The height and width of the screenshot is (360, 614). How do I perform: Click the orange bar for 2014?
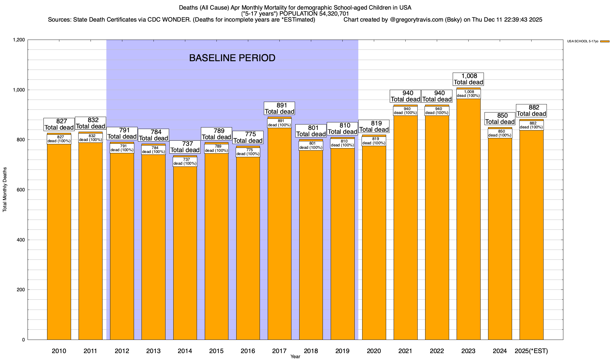click(x=185, y=252)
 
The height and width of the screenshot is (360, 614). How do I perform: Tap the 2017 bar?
click(x=279, y=234)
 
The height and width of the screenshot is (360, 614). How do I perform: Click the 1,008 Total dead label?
click(x=469, y=79)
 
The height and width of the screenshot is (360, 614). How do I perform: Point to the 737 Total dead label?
click(x=185, y=147)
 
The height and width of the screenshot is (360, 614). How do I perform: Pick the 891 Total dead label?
click(x=279, y=108)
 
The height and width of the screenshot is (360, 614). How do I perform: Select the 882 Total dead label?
click(x=532, y=111)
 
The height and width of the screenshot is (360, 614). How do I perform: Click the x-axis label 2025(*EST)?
click(x=531, y=351)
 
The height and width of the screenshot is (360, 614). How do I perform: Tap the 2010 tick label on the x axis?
click(x=59, y=351)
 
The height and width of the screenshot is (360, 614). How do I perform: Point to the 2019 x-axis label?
click(x=342, y=351)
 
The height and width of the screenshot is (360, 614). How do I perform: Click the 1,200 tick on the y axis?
click(x=19, y=40)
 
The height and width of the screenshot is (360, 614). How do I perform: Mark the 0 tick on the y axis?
click(x=23, y=340)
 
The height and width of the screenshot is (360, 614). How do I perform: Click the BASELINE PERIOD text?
click(x=232, y=58)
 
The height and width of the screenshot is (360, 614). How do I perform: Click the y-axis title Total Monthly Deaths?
click(x=5, y=190)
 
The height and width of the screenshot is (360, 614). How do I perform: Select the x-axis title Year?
click(x=295, y=357)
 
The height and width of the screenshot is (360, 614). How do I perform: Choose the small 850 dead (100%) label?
click(x=500, y=133)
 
